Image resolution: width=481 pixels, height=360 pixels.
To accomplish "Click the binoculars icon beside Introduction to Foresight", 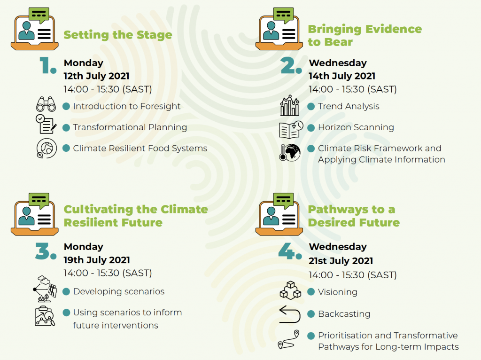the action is pos(46,104).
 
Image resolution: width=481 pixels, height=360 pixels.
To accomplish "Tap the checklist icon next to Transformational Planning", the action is pos(46,124).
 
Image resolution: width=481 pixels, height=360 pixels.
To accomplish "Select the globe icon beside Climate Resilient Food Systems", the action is pos(47,148).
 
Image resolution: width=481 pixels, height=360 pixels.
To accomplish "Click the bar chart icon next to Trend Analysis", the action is pos(289,105).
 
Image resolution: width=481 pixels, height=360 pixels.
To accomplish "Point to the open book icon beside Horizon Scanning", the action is pos(291,130).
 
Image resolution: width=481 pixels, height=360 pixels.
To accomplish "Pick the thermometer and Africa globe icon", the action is pos(289,152).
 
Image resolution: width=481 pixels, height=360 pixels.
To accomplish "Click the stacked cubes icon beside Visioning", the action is pos(290,290).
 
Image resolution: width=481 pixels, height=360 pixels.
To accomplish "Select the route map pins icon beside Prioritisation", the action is pos(289,340).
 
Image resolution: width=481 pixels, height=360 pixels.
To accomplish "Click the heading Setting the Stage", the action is pos(118,35).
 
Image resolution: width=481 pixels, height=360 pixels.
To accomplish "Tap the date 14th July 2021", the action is pos(342,76).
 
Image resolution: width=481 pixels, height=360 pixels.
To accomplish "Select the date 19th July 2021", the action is pos(97,260).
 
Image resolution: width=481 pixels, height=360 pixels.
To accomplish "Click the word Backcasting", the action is pos(344,314).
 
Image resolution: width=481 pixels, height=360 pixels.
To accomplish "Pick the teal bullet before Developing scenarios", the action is pos(66,291).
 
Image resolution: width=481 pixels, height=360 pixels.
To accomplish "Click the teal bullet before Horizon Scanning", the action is pos(311,128).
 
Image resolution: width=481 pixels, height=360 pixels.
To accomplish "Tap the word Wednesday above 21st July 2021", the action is pos(338,247).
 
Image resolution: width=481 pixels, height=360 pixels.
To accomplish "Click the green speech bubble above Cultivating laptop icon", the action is pos(39,201).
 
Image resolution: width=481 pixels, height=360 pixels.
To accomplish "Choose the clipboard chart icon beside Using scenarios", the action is pos(45,316).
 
